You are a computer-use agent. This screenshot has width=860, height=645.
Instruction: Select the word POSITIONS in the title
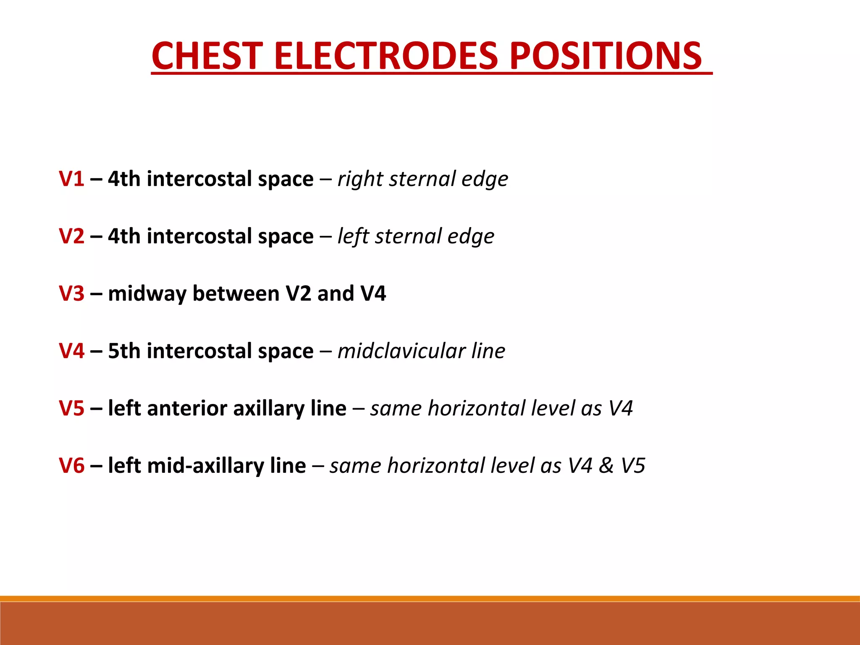(x=606, y=56)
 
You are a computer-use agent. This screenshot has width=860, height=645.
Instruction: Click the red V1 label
(x=71, y=179)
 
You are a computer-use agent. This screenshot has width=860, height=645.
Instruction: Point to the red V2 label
(x=71, y=236)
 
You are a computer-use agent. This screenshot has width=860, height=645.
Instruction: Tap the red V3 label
(x=71, y=294)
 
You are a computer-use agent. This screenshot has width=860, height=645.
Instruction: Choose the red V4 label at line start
(x=71, y=351)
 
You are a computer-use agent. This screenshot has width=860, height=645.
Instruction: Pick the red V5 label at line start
(x=71, y=408)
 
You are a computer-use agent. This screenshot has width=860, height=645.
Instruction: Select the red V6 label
(x=71, y=465)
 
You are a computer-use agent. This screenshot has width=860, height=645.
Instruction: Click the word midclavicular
(x=401, y=351)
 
